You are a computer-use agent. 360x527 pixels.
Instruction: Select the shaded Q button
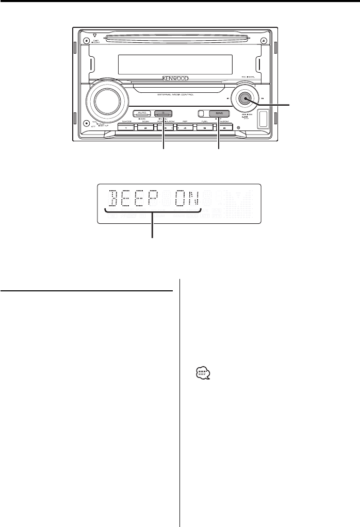(163, 113)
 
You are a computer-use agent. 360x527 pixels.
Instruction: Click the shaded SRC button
(219, 113)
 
